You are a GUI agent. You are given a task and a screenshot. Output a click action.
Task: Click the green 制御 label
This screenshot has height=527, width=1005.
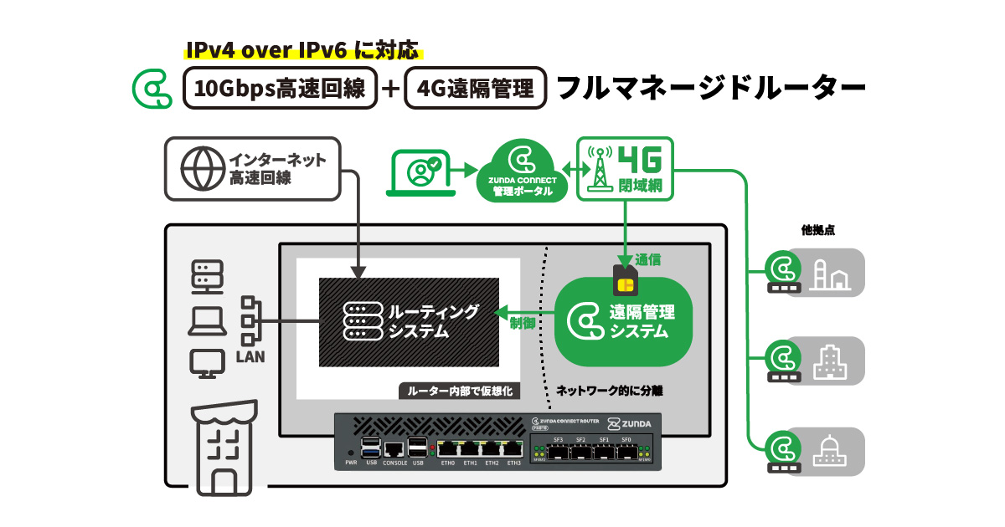pos(523,324)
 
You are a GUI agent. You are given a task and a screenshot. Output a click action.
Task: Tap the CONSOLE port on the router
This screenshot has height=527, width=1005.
pos(393,449)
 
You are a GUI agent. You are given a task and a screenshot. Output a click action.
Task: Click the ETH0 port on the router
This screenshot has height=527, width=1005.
pos(447,449)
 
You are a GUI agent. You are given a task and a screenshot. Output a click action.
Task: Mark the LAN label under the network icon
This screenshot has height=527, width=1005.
pos(250,357)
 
